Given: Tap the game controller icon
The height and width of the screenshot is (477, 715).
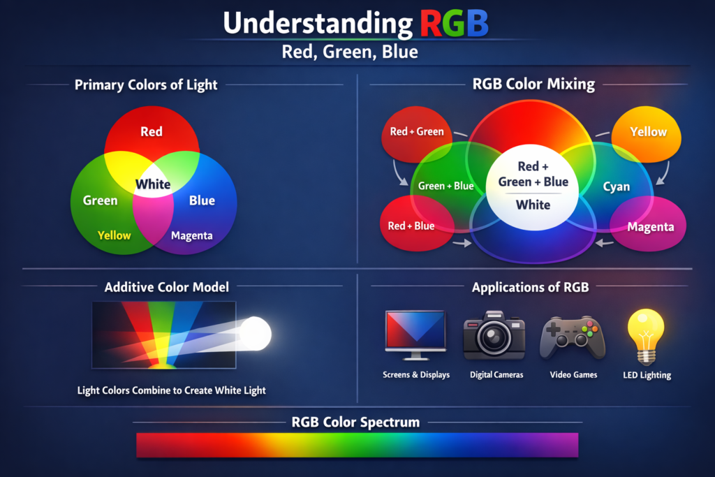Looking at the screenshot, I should click(573, 337).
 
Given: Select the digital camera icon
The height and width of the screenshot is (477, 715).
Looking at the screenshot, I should click(494, 337).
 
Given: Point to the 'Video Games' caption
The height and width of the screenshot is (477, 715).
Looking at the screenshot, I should click(573, 375).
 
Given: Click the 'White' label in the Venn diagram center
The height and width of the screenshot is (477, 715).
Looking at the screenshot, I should click(153, 184).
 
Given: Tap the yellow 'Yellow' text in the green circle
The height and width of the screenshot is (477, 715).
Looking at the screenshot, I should click(115, 235).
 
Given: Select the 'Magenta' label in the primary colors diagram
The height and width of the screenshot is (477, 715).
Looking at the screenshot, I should click(192, 235).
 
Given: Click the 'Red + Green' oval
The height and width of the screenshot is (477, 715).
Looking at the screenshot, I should click(417, 132).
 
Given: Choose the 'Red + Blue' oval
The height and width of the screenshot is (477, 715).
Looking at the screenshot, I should click(412, 226).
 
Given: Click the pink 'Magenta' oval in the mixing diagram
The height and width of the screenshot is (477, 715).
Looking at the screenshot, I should click(650, 227).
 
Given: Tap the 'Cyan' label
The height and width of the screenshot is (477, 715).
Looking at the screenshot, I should click(617, 186).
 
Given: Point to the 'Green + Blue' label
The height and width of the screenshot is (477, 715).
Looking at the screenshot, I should click(445, 186).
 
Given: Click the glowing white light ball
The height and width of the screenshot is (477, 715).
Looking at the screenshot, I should click(255, 333).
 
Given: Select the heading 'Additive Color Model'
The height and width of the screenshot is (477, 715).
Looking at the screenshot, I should click(167, 287).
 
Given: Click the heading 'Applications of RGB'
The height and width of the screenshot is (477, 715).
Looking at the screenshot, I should click(531, 287).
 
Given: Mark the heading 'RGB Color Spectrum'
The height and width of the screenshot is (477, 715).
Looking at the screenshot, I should click(355, 422).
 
